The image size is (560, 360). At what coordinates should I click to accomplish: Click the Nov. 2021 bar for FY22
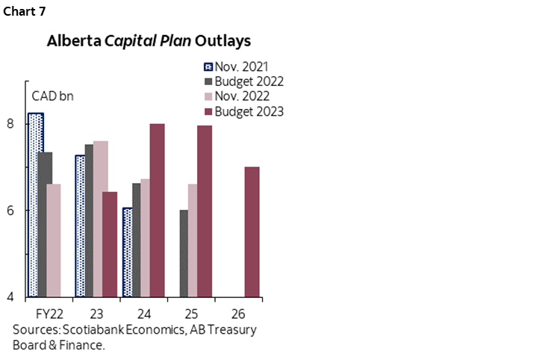[36, 205]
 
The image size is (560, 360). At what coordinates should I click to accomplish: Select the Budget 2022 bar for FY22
[45, 224]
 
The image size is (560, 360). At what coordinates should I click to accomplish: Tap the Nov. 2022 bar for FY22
[54, 240]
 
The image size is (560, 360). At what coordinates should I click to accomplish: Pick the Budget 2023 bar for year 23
[110, 244]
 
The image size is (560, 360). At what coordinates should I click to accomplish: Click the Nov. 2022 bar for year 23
[101, 218]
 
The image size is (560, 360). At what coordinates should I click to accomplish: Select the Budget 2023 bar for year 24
[157, 210]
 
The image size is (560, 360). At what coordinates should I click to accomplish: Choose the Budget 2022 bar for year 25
[184, 253]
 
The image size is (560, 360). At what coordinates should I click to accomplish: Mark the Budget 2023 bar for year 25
[204, 211]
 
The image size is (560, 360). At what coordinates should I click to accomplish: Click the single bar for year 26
[252, 232]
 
